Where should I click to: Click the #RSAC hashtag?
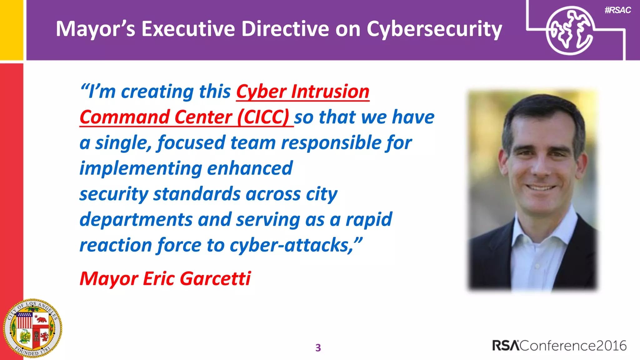coord(617,10)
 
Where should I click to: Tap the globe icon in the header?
coord(570,31)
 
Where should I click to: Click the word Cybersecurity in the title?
coord(434,29)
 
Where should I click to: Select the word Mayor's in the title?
coord(95,29)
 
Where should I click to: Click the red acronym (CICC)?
coord(263,117)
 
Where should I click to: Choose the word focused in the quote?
coord(191,143)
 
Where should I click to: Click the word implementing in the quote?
coord(141,169)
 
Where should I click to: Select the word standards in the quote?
coord(197,194)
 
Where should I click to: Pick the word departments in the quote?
coord(136,219)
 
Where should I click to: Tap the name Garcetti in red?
coord(215,278)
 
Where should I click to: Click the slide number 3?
coord(318,347)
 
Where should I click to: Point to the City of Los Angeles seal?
coord(32,328)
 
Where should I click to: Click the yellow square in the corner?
coord(11,30)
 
